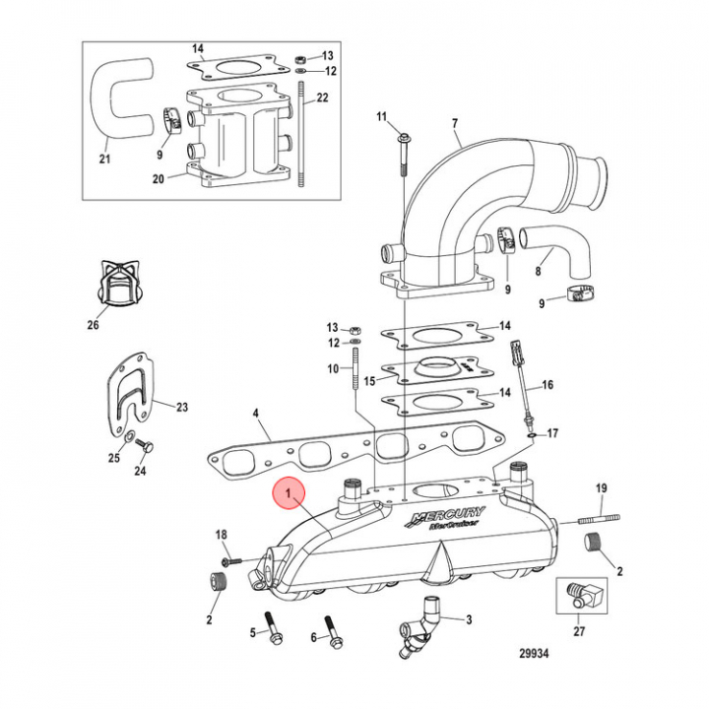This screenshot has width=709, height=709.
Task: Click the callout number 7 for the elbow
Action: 455,123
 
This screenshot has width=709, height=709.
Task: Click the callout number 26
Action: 93,324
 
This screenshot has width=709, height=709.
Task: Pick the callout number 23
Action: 181,406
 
